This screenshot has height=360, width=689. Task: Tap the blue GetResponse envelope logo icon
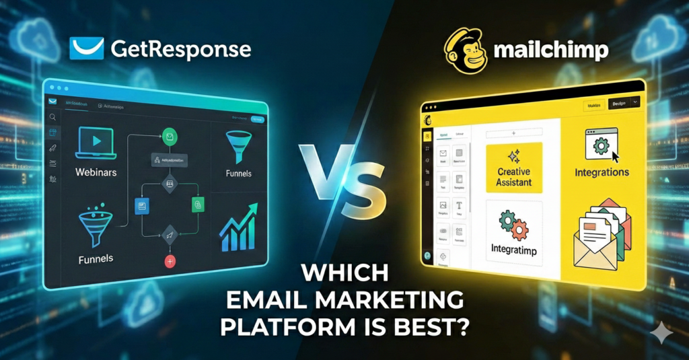[86, 48]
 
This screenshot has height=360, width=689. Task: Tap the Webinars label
[96, 172]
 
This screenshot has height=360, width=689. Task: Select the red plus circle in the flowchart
[170, 261]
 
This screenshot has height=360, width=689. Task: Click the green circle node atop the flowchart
[170, 135]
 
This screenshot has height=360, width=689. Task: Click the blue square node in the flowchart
[141, 205]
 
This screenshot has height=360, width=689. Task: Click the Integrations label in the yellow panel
[602, 172]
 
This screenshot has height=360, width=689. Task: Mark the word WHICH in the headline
[344, 274]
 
